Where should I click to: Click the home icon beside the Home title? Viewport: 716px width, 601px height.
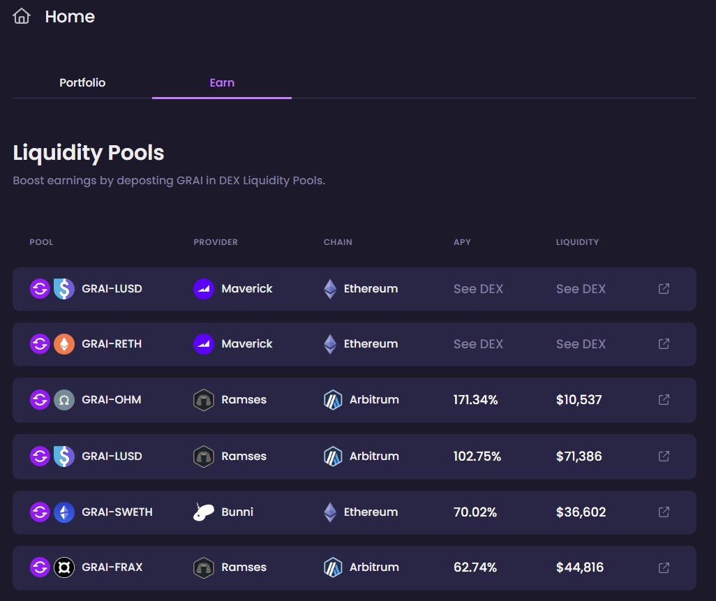tap(22, 17)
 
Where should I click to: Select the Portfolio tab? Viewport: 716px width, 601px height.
tap(82, 82)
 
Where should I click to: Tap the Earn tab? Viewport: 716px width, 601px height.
tap(222, 82)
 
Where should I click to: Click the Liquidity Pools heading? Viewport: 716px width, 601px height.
tap(89, 152)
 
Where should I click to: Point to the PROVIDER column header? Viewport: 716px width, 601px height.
tap(216, 242)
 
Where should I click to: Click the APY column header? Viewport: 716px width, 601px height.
tap(462, 242)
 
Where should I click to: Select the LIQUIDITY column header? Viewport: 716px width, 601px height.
tap(577, 242)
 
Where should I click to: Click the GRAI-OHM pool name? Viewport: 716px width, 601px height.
tap(112, 400)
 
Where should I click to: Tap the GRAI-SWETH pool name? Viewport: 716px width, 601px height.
tap(117, 512)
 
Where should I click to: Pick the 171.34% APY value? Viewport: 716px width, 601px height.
tap(476, 400)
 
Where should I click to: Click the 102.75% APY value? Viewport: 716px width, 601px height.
tap(477, 456)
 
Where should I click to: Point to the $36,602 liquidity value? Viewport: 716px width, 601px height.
tap(581, 512)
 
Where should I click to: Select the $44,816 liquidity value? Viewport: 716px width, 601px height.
tap(580, 567)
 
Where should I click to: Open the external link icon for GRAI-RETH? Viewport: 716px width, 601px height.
tap(664, 343)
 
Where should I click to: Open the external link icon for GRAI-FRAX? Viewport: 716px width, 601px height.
tap(664, 567)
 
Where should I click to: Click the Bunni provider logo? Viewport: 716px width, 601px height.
tap(203, 512)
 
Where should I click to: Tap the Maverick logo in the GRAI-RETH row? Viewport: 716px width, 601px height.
tap(203, 343)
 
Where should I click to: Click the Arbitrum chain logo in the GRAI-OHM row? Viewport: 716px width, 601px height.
tap(333, 400)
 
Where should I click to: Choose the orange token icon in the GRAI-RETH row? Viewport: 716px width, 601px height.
tap(64, 343)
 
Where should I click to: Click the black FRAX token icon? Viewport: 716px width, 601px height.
tap(64, 567)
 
